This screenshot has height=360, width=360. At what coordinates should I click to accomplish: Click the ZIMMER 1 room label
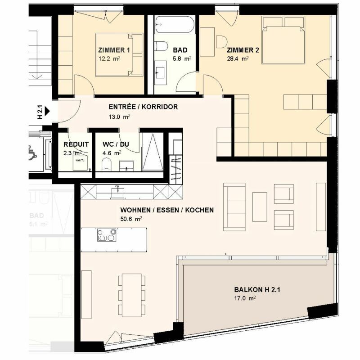(114, 50)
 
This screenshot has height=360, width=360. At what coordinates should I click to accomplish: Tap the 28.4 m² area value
(238, 58)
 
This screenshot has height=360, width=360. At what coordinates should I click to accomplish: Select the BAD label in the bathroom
(180, 50)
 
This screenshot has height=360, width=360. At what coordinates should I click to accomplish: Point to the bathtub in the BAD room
(174, 25)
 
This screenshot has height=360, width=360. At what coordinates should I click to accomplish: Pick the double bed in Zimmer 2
(283, 40)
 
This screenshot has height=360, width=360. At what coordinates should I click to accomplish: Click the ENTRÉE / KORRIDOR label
(143, 107)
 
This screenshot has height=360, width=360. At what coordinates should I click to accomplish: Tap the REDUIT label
(76, 144)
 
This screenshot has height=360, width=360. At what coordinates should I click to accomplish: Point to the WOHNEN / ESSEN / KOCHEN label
(167, 210)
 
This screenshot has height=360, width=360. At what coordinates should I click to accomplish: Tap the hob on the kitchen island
(107, 235)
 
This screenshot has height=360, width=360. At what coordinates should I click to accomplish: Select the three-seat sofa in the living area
(234, 206)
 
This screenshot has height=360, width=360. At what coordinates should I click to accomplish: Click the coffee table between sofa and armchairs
(260, 207)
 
